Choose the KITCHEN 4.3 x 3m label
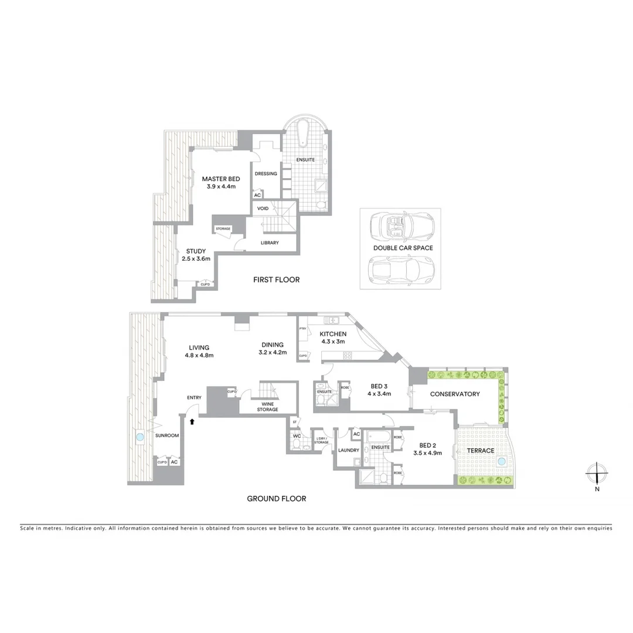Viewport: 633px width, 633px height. tap(332, 338)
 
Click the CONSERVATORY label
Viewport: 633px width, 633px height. tap(455, 394)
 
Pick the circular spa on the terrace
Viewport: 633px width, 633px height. tap(502, 462)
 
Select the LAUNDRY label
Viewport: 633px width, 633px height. tap(348, 450)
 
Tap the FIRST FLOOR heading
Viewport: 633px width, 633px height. tap(276, 280)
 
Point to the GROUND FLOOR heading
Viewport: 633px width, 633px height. tap(276, 499)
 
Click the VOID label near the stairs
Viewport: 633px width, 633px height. tap(263, 208)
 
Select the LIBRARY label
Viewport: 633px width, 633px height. tap(270, 243)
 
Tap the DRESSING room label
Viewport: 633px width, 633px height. tap(266, 173)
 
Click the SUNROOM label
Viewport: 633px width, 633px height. tap(166, 436)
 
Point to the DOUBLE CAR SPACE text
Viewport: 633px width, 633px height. tap(403, 248)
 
